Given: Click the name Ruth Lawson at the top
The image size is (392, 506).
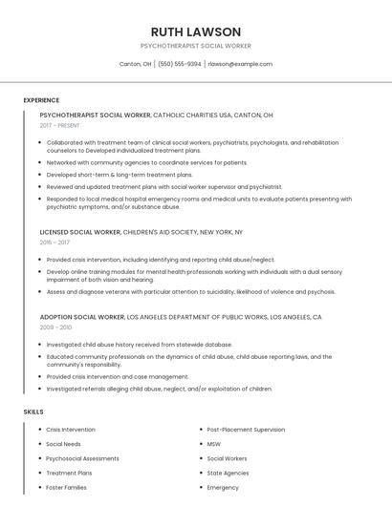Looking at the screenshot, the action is click(196, 32).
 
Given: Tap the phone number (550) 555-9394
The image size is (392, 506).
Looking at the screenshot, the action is click(180, 64).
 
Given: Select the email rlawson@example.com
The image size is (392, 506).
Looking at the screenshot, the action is click(240, 64).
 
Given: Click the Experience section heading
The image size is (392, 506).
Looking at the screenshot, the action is click(41, 100).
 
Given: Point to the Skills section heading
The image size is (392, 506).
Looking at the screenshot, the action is click(33, 411).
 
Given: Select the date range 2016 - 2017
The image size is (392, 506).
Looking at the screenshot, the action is click(54, 242).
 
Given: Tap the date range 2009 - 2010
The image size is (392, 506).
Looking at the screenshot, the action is click(54, 327).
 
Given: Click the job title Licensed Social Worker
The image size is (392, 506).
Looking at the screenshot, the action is click(80, 232).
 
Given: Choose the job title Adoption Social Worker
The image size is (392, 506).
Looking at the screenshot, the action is click(82, 317).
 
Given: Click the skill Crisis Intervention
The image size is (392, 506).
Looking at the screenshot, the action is click(71, 430).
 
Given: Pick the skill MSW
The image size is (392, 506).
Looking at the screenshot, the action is click(214, 444).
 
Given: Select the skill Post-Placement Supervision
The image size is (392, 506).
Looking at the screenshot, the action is click(246, 430).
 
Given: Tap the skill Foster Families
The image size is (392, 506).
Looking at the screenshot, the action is click(66, 487).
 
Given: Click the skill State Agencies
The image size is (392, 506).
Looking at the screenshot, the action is click(228, 473).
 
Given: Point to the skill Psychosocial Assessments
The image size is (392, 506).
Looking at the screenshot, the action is click(82, 458).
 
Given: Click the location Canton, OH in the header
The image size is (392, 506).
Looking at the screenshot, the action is click(135, 64).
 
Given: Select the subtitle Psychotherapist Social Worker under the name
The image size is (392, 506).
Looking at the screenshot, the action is click(196, 46).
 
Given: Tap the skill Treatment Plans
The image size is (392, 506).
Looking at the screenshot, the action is click(69, 473).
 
